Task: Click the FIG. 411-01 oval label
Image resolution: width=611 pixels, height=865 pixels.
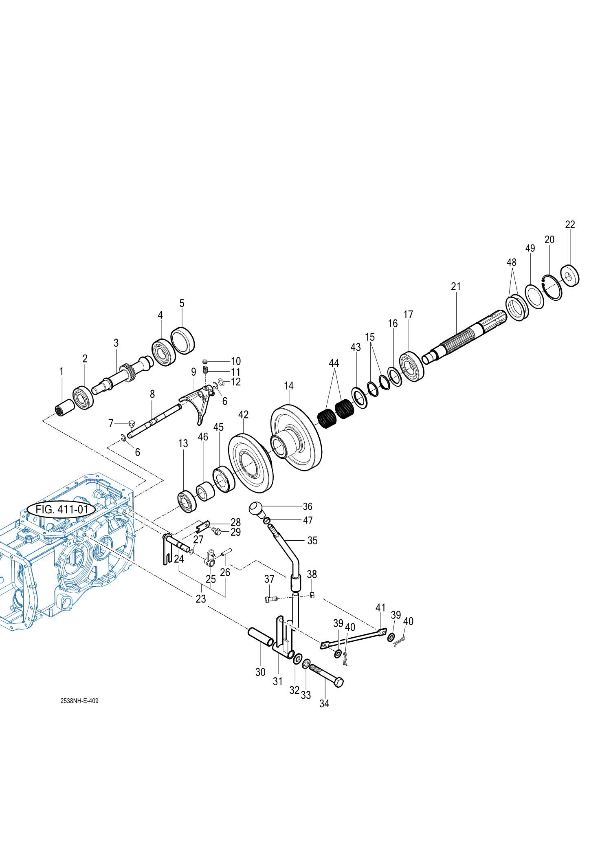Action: pos(62,509)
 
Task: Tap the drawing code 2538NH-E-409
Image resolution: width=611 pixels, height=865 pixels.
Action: pos(79,701)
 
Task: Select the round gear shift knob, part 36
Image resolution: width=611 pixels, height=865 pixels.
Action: pos(256,509)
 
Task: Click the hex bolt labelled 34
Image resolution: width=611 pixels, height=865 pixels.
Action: pos(326,675)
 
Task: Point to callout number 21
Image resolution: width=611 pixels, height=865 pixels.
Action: pos(456,286)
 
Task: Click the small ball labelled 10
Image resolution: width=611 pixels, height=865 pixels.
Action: pos(205,361)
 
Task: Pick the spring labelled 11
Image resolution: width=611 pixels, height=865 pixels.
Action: pos(206,370)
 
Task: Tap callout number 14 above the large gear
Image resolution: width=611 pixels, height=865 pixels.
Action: pos(289,386)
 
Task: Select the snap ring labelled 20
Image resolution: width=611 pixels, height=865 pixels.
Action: pos(552,287)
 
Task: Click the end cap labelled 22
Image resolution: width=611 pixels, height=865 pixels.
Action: pos(570,276)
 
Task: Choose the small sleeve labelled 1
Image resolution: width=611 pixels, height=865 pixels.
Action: pos(64,408)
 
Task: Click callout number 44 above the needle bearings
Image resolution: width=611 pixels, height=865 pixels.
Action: pos(334,363)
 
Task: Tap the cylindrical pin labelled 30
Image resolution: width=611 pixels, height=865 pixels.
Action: pos(261,637)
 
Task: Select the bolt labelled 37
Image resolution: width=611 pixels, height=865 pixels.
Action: pos(271,599)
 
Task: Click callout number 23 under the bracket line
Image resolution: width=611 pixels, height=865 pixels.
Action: pos(201,599)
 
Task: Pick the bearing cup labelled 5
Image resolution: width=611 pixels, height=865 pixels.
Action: pos(182,341)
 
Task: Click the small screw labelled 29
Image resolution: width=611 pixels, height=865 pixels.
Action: pos(216,531)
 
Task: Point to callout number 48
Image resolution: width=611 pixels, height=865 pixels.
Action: pos(512,262)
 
